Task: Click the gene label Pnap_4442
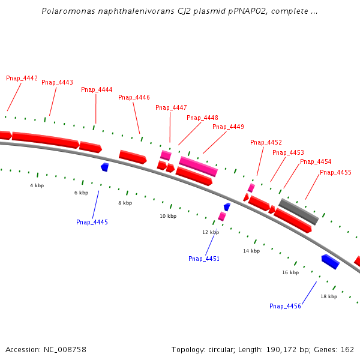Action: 22,78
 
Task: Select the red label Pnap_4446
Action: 134,97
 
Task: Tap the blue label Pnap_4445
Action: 92,222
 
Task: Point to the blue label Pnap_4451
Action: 204,259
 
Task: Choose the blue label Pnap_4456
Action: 285,306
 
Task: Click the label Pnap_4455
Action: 335,172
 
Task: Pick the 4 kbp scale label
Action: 37,185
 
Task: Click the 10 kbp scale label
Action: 168,216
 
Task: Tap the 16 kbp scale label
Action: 290,272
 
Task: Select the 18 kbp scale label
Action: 329,296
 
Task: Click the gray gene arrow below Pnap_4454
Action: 298,211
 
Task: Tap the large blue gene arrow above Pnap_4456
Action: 331,262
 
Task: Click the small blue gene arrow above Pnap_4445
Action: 104,167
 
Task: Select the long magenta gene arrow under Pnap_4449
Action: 198,166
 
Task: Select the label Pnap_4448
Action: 202,118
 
